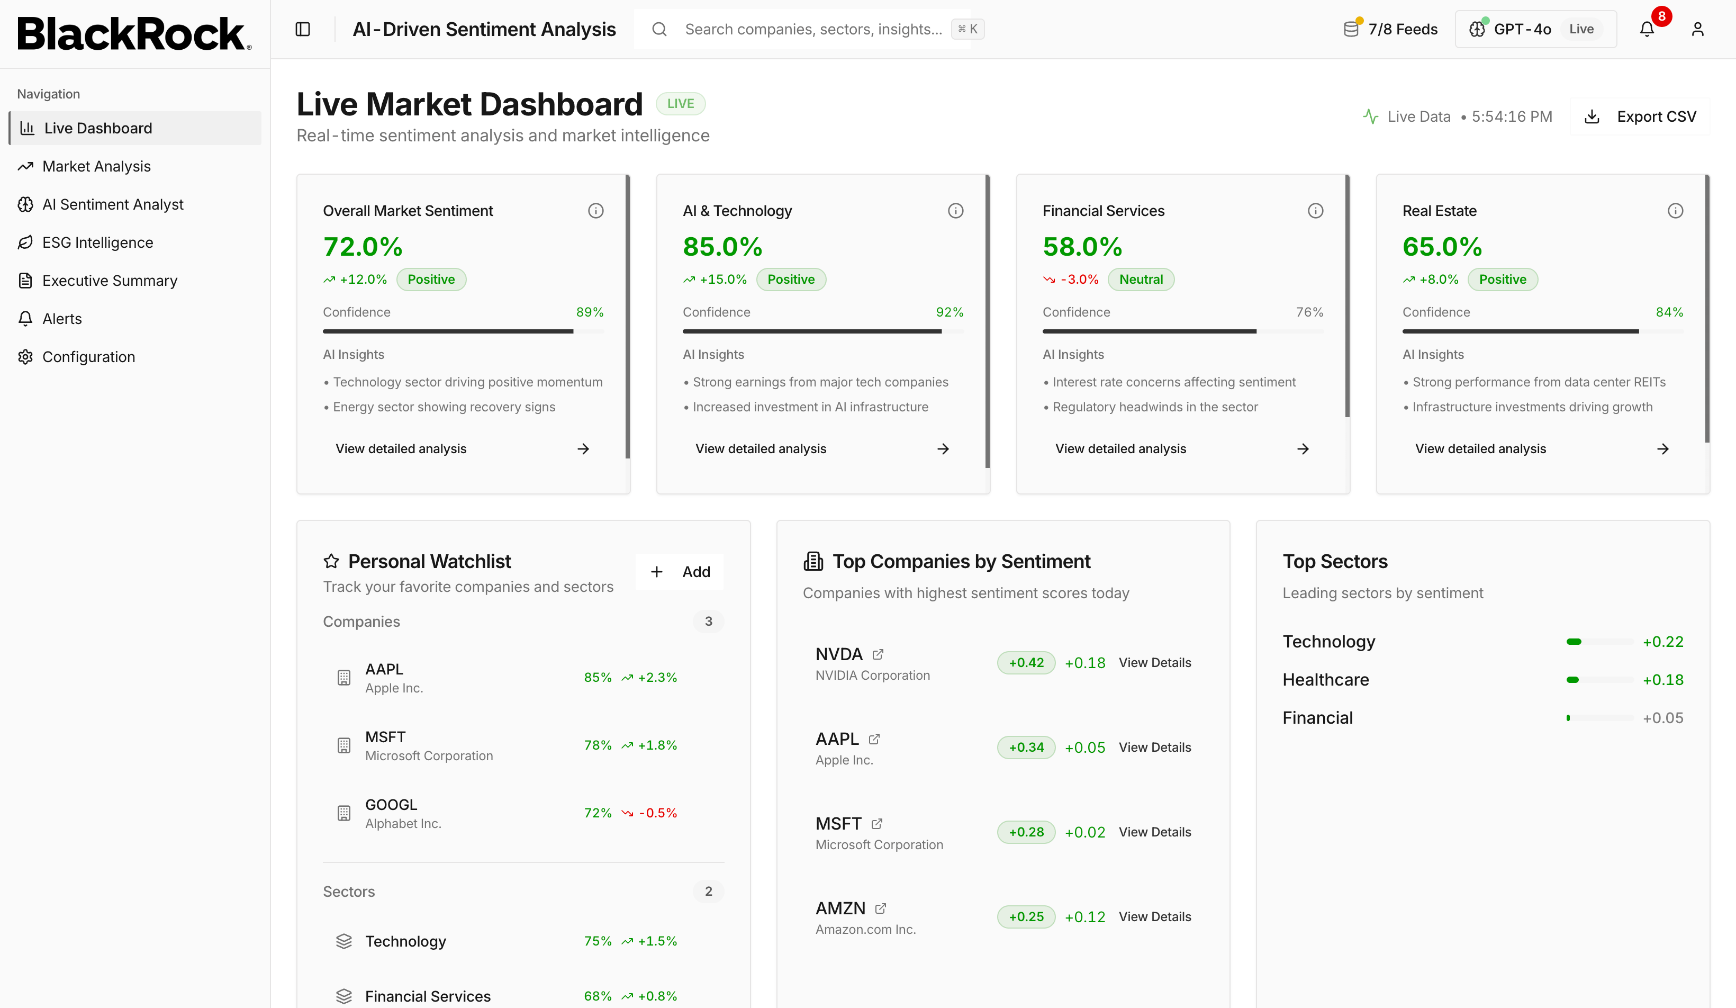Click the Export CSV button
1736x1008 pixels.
tap(1640, 116)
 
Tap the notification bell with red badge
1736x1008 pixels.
tap(1647, 29)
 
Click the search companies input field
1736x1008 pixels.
tap(813, 29)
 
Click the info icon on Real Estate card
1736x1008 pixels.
tap(1675, 211)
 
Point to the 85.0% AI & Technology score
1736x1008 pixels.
tap(722, 247)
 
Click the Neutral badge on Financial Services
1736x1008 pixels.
tap(1141, 279)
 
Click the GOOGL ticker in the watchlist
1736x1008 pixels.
tap(391, 804)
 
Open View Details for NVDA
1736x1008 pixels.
tap(1154, 662)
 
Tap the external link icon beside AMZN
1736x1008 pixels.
tap(880, 908)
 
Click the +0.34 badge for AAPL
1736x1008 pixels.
tap(1026, 747)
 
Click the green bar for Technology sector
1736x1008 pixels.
tap(1574, 642)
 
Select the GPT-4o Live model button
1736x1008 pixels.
tap(1535, 29)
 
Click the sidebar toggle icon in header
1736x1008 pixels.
tap(302, 29)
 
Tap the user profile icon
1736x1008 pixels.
tap(1697, 29)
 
